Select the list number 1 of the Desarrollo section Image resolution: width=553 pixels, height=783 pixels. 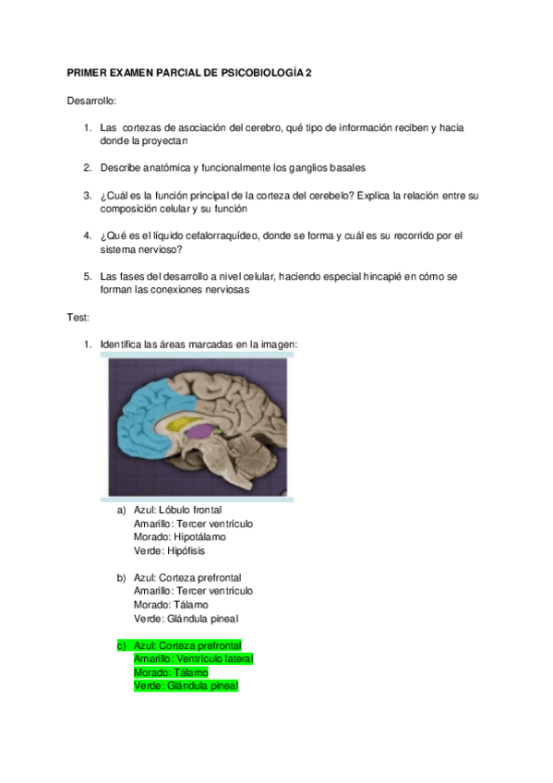(87, 127)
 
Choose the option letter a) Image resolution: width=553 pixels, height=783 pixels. (120, 510)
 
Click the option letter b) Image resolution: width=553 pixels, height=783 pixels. (120, 577)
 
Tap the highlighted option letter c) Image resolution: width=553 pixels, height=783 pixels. (120, 645)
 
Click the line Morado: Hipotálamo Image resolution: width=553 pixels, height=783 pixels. (179, 536)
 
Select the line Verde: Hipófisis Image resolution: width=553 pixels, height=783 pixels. (169, 550)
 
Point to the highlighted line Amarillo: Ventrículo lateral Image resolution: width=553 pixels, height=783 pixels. (193, 658)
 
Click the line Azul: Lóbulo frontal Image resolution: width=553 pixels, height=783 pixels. (177, 510)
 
